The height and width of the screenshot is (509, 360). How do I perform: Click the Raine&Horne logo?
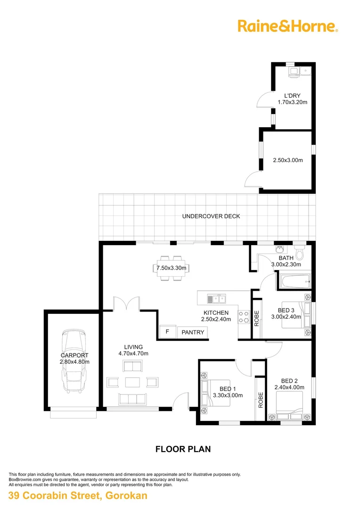[x=287, y=25]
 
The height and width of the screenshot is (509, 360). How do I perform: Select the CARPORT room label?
[x=74, y=355]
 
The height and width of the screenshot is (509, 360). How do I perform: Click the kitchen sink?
[x=216, y=298]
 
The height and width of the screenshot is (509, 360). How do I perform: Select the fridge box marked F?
[x=167, y=332]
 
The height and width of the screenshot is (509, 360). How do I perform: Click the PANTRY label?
[x=193, y=332]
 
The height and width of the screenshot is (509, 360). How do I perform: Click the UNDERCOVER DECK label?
[x=211, y=216]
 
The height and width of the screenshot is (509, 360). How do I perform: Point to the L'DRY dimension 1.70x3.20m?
[x=292, y=102]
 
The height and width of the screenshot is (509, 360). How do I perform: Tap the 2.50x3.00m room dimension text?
[x=287, y=160]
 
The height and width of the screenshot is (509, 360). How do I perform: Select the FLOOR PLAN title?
[x=183, y=449]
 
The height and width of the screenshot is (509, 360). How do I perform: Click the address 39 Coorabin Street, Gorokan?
[x=78, y=495]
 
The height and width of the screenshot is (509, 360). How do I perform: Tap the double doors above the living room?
[x=126, y=304]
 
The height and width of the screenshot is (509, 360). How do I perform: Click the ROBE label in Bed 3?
[x=257, y=319]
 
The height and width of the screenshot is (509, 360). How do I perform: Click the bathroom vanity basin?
[x=280, y=248]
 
